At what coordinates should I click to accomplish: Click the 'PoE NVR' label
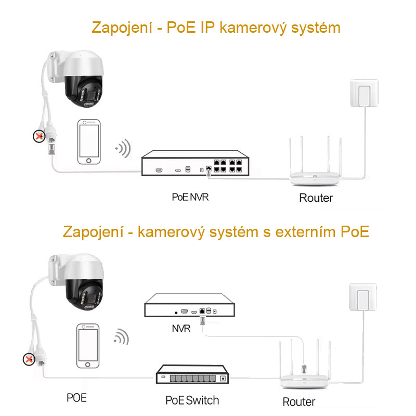191,197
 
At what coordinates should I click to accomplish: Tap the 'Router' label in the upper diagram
316,198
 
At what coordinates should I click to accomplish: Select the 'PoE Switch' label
192,400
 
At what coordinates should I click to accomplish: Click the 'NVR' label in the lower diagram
181,329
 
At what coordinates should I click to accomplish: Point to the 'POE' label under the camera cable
76,398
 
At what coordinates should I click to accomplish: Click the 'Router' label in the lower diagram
298,402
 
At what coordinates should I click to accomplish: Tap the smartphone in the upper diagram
89,142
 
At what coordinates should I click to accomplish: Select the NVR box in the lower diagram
190,306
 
